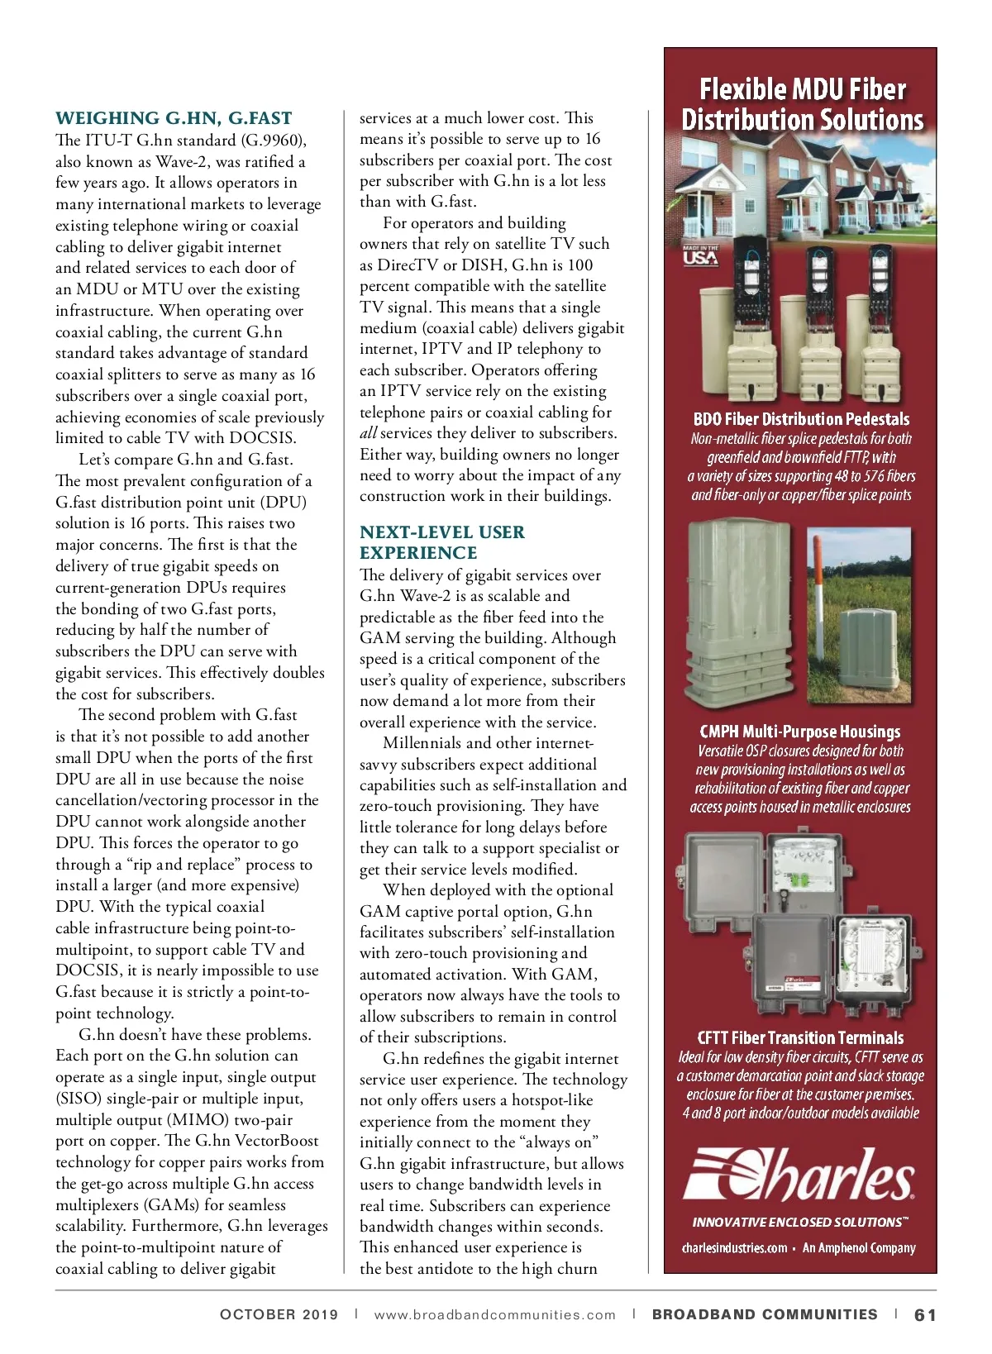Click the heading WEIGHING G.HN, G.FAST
[174, 118]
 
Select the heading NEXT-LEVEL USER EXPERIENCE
[442, 542]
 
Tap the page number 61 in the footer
[925, 1314]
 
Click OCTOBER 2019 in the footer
[279, 1314]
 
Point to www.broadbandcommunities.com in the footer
[494, 1314]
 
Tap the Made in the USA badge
[700, 255]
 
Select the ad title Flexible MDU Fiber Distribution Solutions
[801, 104]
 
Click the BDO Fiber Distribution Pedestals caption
[801, 419]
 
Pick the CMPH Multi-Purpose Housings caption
[799, 732]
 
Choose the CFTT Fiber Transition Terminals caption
[800, 1038]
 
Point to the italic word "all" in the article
[368, 433]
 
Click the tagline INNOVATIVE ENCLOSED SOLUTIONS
[799, 1222]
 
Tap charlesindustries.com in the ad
[734, 1248]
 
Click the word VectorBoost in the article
[277, 1141]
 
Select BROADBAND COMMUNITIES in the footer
[765, 1314]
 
